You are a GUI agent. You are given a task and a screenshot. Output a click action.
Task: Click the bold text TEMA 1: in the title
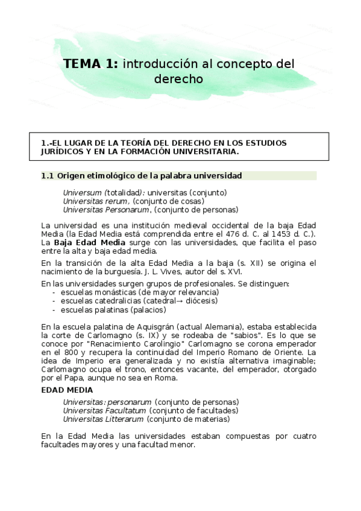91,64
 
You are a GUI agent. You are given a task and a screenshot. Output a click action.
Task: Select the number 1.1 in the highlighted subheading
48,175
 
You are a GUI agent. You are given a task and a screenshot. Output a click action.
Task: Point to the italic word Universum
83,192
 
